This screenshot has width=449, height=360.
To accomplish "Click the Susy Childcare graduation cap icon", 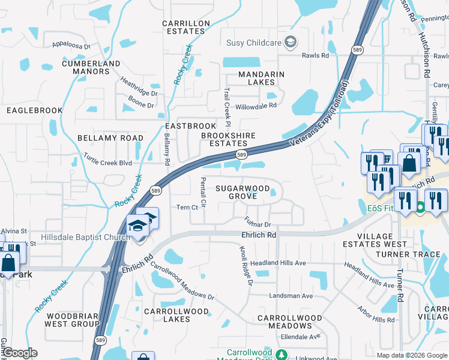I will pos(291,41).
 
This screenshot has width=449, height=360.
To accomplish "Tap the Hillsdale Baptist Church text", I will pos(85,238).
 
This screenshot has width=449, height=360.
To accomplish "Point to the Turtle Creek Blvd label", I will pos(107,163).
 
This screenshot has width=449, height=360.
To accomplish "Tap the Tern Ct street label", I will pos(187,208).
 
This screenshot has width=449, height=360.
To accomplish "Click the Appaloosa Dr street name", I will pos(70,45).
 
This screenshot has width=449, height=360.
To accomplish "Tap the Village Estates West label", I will pos(375,240).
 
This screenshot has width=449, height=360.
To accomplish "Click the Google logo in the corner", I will pos(19,353).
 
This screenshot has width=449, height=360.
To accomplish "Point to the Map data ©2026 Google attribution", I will pos(411,355).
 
